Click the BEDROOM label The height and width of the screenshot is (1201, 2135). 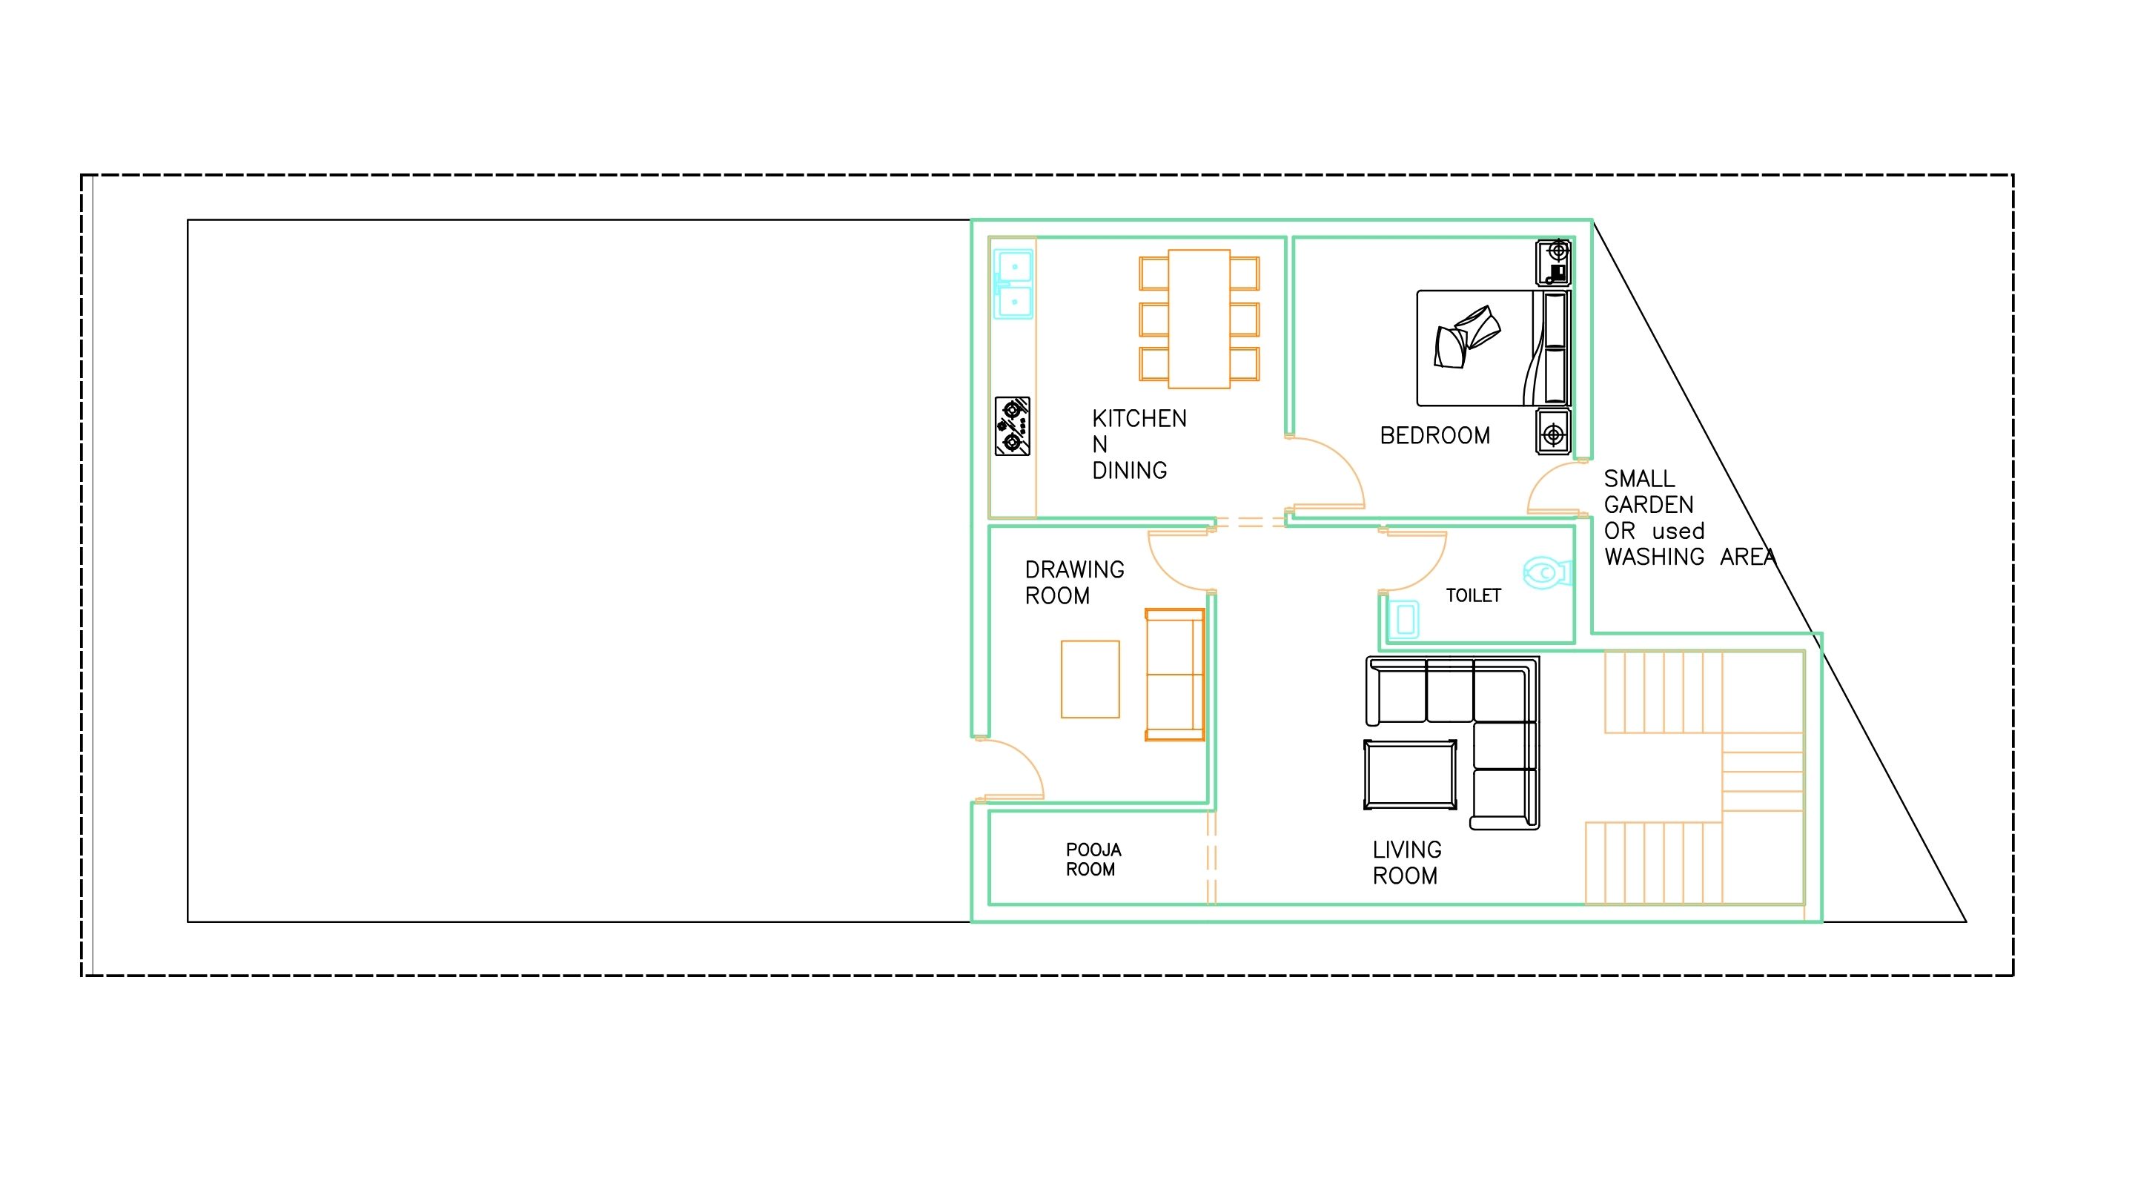tap(1434, 435)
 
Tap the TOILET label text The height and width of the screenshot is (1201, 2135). tap(1473, 595)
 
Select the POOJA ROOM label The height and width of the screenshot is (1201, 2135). tap(1093, 859)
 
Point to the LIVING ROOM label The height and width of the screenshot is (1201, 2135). tap(1406, 863)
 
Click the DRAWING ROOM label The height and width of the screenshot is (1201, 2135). tap(1074, 583)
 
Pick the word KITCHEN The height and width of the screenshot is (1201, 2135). tap(1139, 419)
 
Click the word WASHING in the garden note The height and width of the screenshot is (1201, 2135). tap(1653, 557)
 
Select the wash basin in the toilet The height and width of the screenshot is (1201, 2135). tap(1404, 619)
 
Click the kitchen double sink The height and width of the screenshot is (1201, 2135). tap(1013, 284)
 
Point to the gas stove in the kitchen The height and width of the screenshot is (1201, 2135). tap(1012, 426)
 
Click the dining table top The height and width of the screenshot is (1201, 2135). tap(1199, 318)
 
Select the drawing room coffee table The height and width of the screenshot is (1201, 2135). tap(1090, 679)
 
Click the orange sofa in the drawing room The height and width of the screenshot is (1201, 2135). tap(1174, 675)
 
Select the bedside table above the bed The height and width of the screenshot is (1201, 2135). tap(1553, 262)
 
